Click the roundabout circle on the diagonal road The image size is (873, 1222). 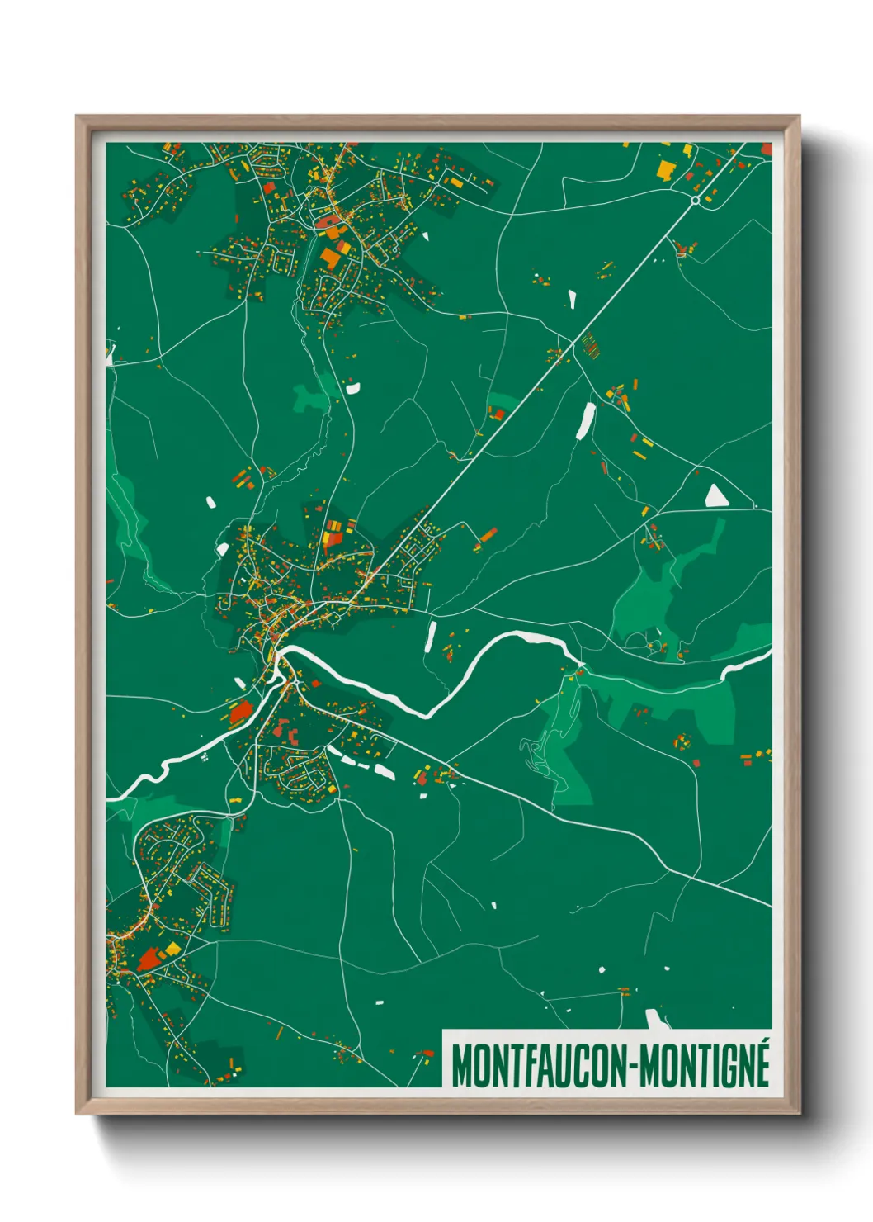click(x=696, y=200)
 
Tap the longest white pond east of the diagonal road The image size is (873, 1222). click(x=585, y=420)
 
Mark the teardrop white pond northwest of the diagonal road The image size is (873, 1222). click(x=571, y=298)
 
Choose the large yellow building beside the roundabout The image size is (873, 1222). click(x=664, y=169)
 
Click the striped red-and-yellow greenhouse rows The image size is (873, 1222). click(x=590, y=344)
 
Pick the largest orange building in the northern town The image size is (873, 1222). click(x=332, y=258)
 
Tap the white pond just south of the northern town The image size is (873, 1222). click(x=352, y=386)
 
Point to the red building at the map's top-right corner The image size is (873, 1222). click(x=767, y=149)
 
